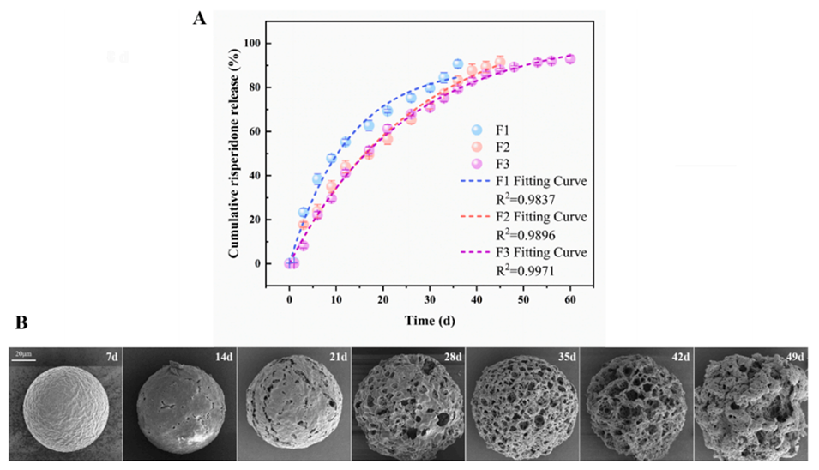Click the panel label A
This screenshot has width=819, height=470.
point(199,18)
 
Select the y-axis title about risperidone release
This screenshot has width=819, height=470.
point(233,153)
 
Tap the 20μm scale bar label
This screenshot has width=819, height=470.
point(22,352)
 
